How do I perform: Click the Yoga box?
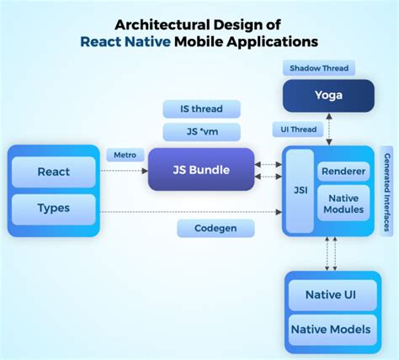[x=328, y=95]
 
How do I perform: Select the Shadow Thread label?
[x=319, y=66]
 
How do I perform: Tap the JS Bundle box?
[x=201, y=169]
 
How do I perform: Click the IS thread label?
[x=201, y=109]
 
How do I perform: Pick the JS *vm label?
[x=201, y=130]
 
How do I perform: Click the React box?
[x=54, y=172]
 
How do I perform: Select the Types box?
[x=54, y=207]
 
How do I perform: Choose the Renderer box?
[x=343, y=171]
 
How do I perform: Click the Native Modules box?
[x=343, y=204]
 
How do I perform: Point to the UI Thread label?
[x=295, y=130]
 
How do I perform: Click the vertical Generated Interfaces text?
[x=388, y=189]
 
